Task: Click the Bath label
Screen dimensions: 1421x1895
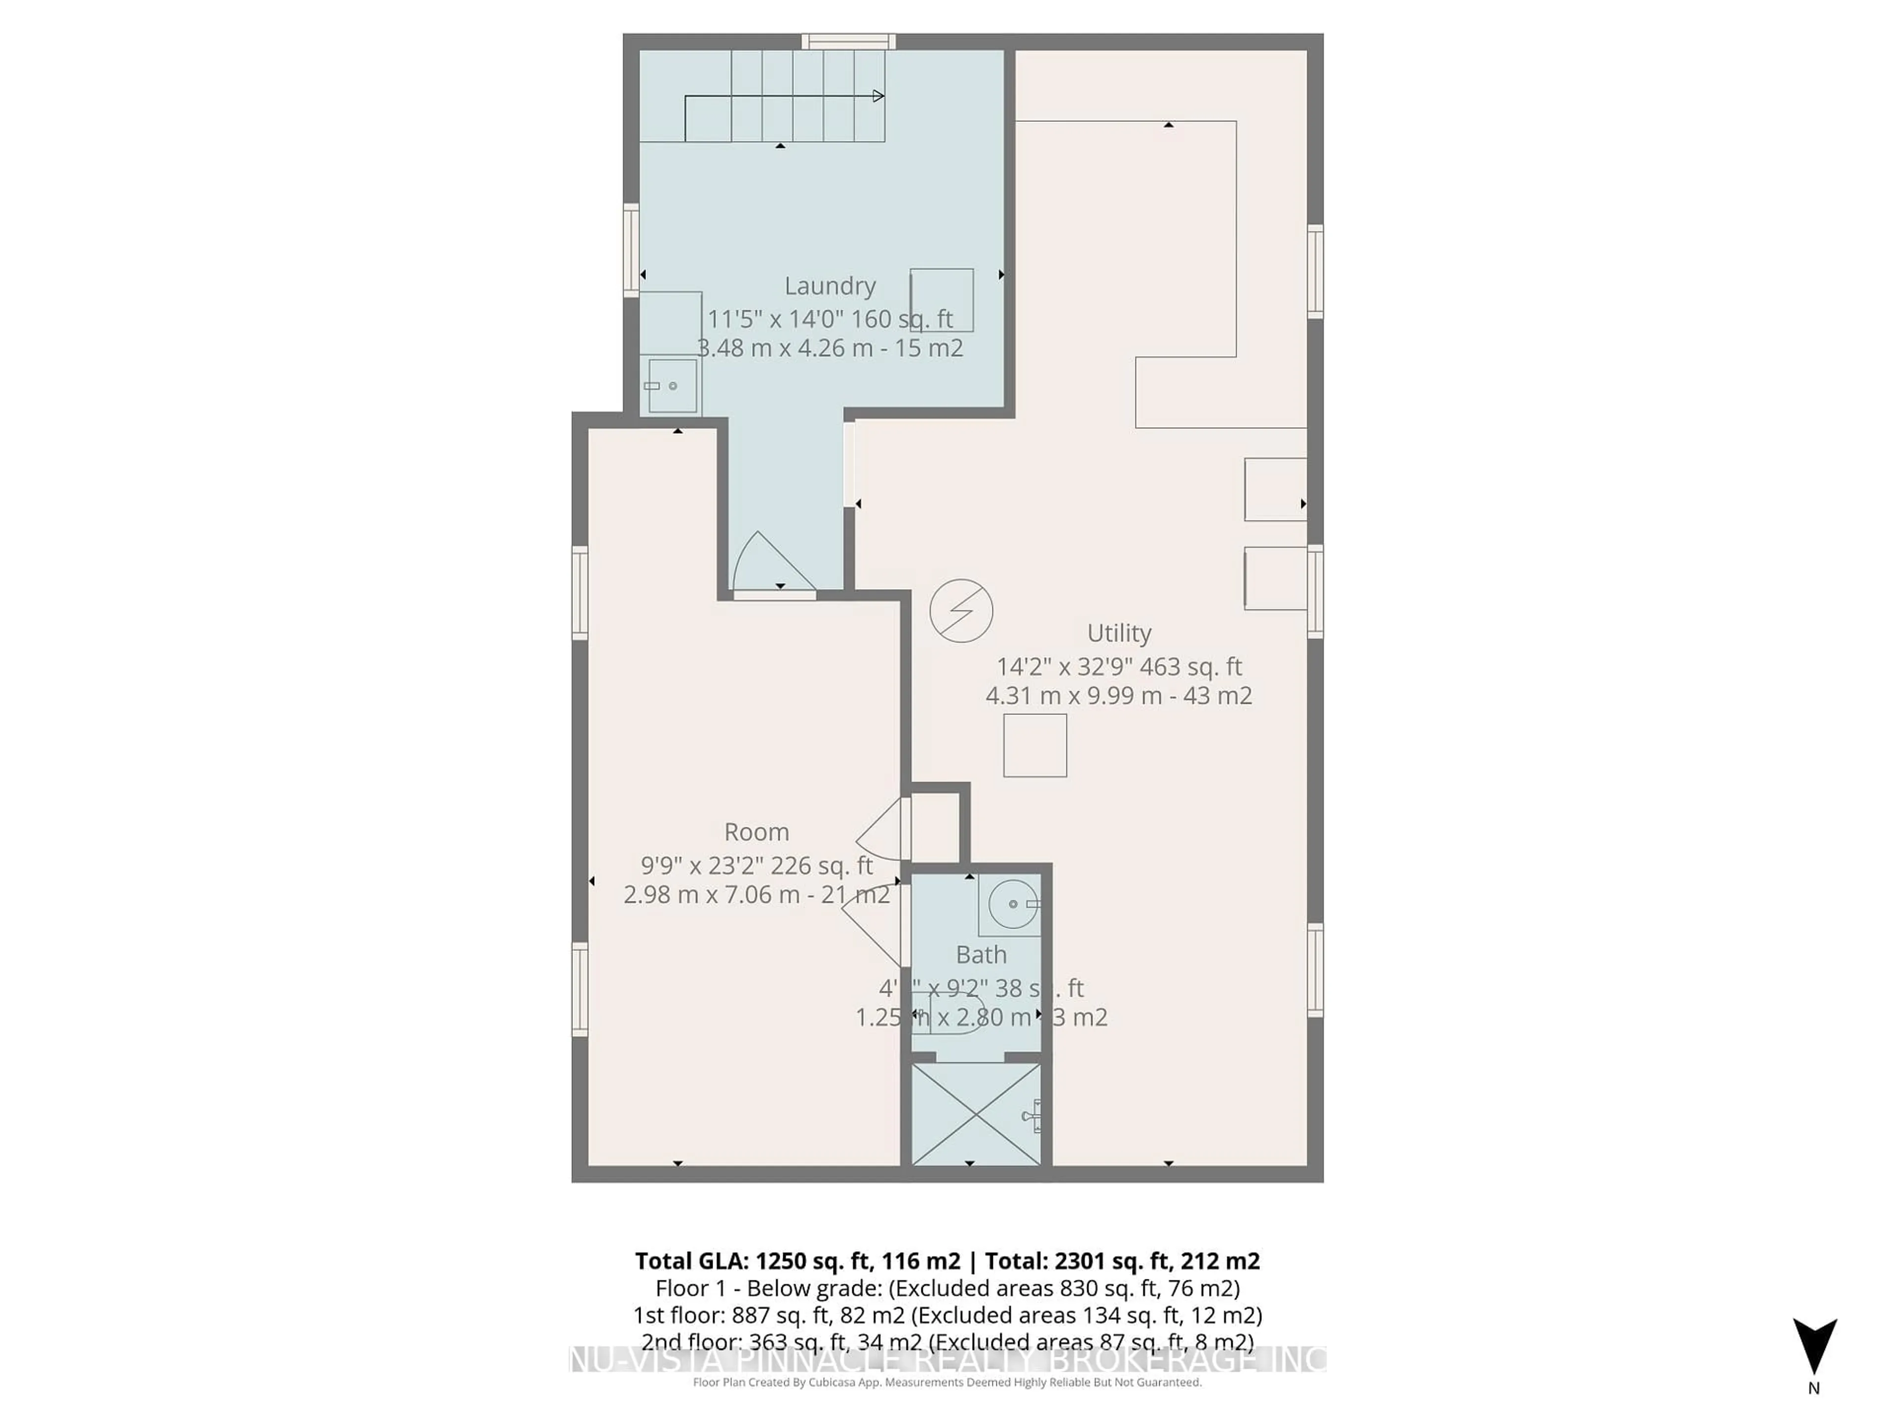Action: click(981, 954)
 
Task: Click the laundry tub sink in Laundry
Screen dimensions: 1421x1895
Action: click(673, 385)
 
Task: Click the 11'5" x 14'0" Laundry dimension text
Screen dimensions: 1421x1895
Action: click(829, 319)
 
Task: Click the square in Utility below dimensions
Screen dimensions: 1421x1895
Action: click(1035, 745)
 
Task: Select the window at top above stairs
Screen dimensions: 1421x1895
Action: click(848, 41)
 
